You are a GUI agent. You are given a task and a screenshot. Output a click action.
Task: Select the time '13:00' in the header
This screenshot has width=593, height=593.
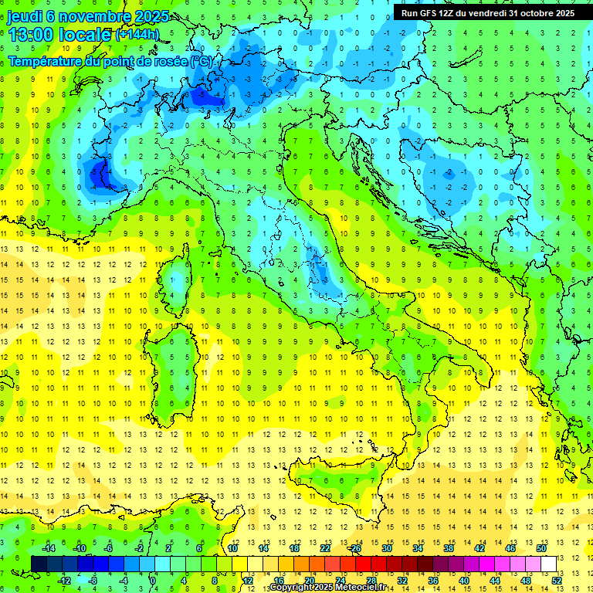31,35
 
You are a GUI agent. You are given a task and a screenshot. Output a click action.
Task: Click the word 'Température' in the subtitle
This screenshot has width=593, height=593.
47,61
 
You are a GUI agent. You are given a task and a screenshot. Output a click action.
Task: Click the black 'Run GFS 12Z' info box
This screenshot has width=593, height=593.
486,12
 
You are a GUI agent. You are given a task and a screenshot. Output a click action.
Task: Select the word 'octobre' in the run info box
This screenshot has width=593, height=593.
527,12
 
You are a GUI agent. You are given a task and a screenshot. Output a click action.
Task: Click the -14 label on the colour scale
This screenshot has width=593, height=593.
49,547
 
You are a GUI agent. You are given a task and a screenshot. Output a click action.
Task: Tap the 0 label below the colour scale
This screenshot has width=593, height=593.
153,580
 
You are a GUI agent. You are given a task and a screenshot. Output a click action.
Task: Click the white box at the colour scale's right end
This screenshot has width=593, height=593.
548,564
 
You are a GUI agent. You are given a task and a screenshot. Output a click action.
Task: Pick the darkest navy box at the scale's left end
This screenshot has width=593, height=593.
39,564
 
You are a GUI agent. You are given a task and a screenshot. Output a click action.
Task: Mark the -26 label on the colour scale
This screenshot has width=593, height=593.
354,547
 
